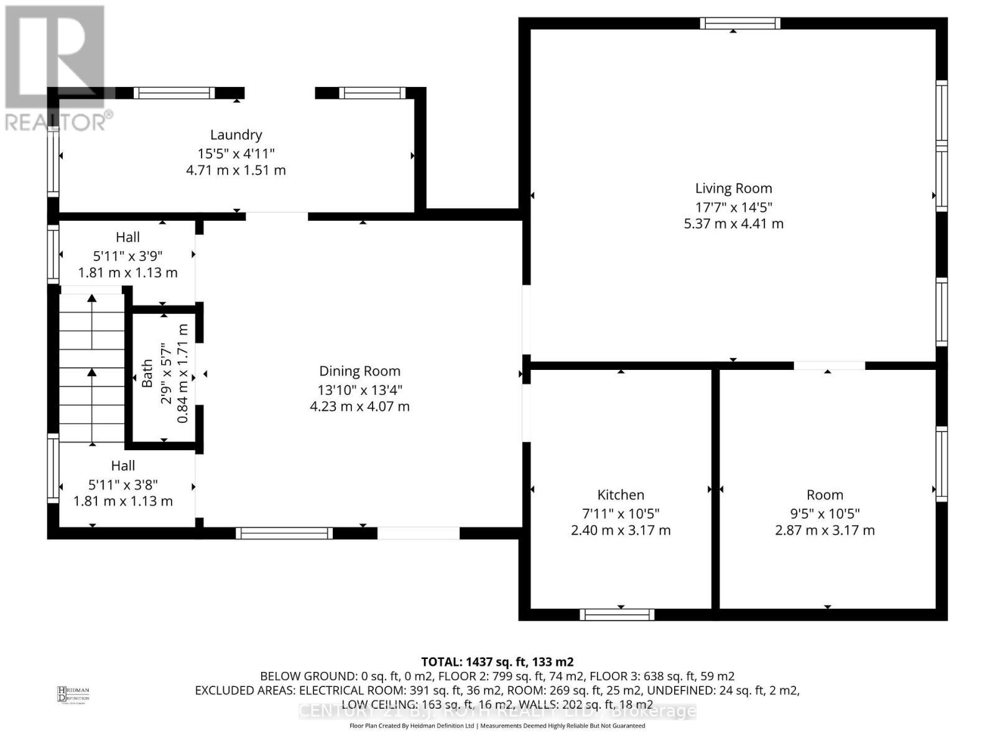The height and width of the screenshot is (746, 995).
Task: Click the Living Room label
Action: tap(733, 188)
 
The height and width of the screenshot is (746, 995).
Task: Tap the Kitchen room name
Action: tap(621, 495)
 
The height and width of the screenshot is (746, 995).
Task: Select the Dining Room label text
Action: tap(359, 371)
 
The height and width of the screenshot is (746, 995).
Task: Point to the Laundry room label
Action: tap(236, 135)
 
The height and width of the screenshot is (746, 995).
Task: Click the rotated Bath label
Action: tap(147, 373)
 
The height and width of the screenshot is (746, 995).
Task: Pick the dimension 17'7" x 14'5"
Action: tap(733, 207)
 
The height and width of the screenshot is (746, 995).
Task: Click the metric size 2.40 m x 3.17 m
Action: tap(621, 530)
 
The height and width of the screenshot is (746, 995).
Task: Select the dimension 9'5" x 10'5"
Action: tap(825, 513)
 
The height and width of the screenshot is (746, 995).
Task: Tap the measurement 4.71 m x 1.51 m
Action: tap(236, 170)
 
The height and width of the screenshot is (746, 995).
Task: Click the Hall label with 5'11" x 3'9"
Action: tap(127, 237)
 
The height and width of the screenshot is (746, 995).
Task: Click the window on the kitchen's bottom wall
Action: tap(617, 615)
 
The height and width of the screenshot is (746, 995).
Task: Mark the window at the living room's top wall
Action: tap(739, 24)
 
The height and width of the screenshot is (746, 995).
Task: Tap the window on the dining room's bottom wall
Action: tap(284, 533)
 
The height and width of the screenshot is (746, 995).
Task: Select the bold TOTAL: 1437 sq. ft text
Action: tap(497, 661)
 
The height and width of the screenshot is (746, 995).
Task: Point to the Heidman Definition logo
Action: tap(73, 694)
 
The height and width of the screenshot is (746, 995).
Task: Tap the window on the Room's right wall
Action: tap(942, 464)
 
